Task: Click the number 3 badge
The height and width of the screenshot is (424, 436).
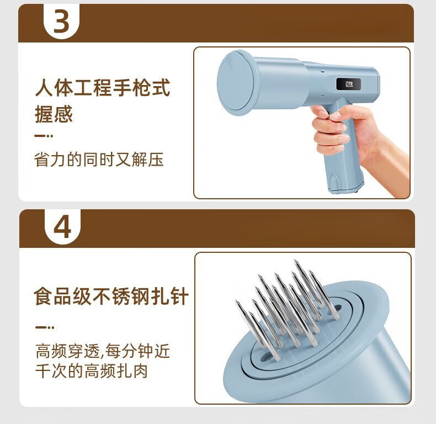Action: tap(61, 21)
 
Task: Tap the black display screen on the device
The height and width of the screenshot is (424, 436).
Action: tap(348, 84)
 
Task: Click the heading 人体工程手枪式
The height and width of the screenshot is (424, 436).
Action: tap(103, 88)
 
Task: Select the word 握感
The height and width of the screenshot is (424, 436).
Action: tap(54, 114)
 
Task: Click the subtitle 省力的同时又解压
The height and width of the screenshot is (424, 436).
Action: tap(99, 160)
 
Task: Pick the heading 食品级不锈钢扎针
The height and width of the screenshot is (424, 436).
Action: tap(111, 296)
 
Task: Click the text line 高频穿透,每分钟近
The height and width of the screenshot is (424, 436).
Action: tap(103, 351)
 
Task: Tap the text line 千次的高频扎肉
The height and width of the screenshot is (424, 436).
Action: tap(91, 371)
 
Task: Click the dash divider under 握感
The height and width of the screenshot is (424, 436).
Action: tap(44, 136)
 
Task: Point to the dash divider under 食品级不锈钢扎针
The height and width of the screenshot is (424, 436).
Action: tap(45, 327)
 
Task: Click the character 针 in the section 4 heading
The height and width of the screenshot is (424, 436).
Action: tap(179, 296)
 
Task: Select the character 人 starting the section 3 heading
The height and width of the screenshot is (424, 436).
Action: tap(44, 88)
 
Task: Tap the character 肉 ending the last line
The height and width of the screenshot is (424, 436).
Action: tap(140, 371)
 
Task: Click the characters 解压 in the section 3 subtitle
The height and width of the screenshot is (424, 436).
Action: tap(147, 160)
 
